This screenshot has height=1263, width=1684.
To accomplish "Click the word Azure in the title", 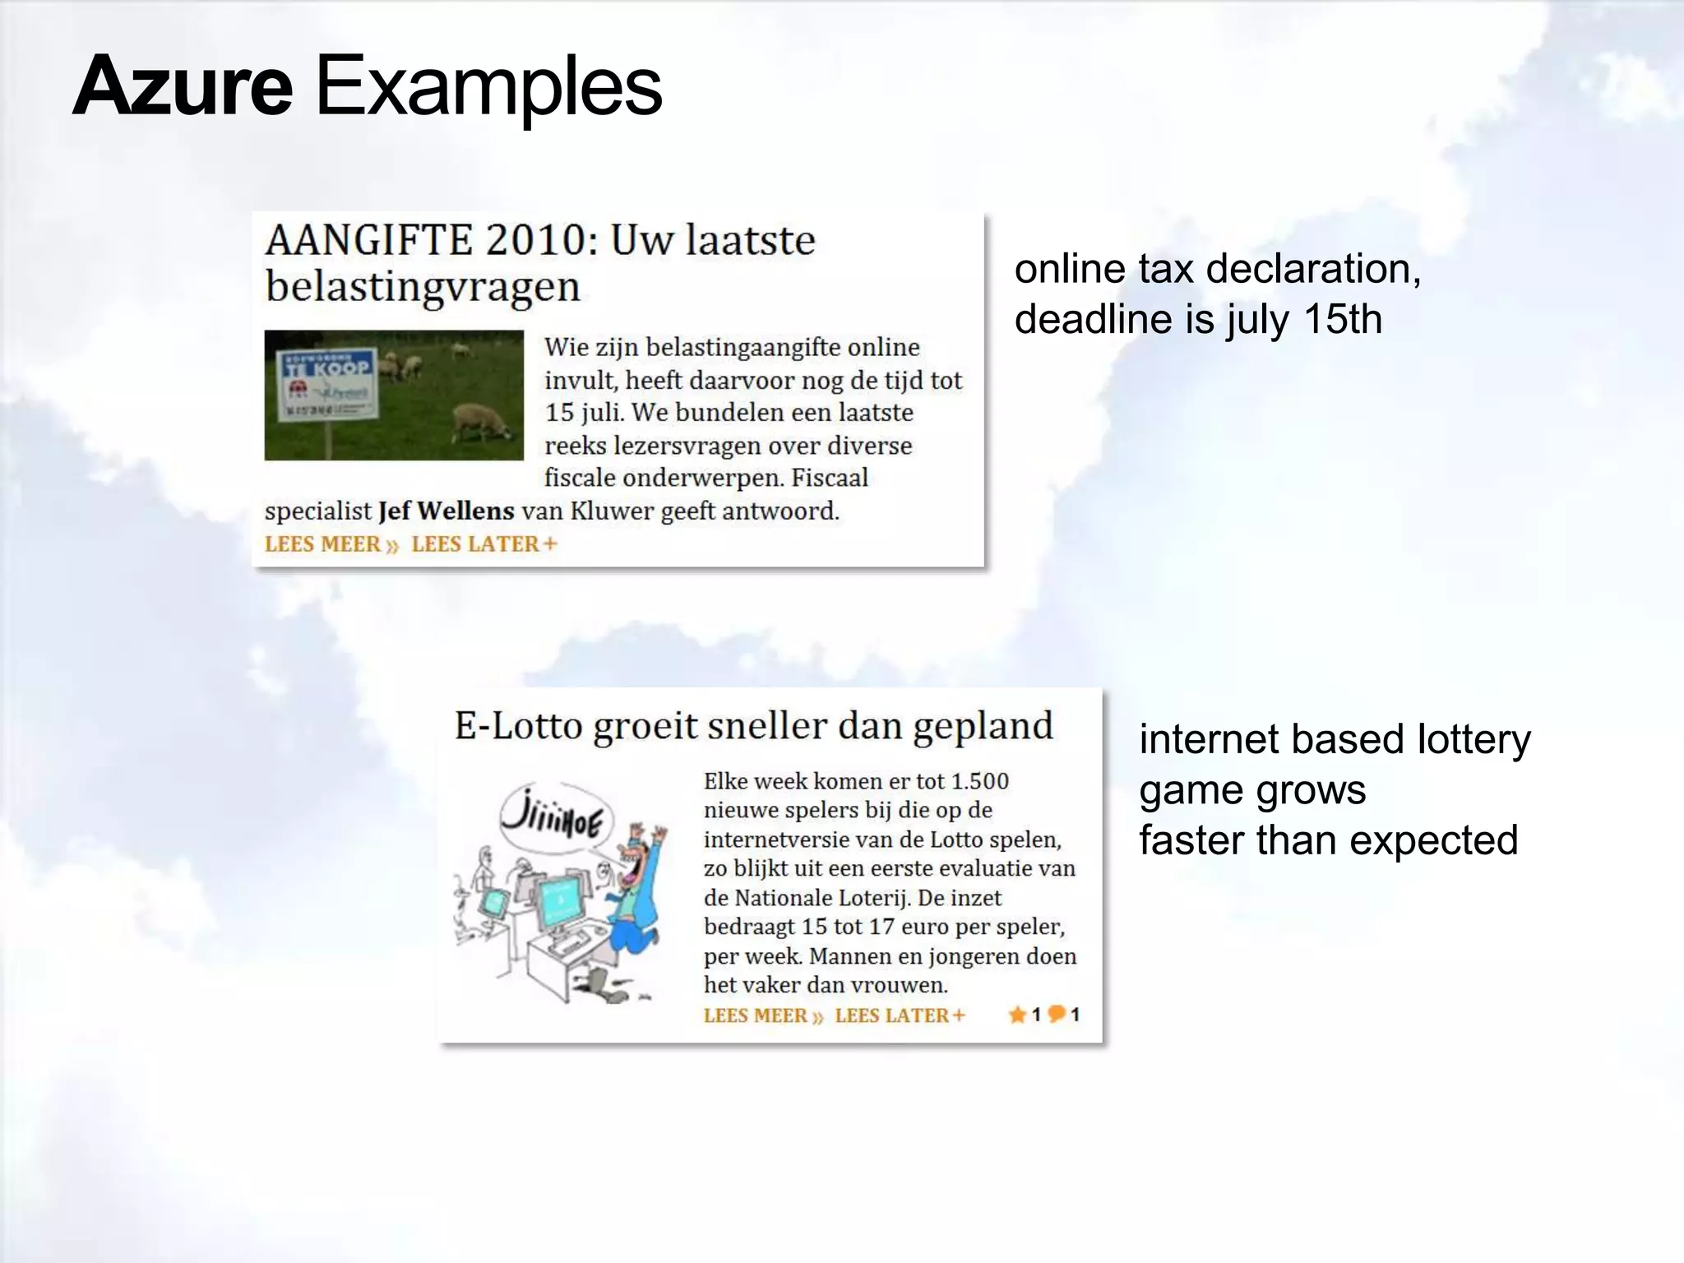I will point(183,87).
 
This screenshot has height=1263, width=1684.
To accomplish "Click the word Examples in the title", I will point(488,87).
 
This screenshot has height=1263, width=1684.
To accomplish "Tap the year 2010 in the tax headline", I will point(535,240).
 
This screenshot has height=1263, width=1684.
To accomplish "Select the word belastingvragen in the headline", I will point(423,287).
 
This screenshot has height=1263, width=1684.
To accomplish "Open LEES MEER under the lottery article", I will point(762,1015).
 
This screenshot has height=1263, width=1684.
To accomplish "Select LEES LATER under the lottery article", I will point(900,1015).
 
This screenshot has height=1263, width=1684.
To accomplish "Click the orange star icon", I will point(1017,1015).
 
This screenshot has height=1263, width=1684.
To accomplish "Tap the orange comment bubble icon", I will point(1057,1014).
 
